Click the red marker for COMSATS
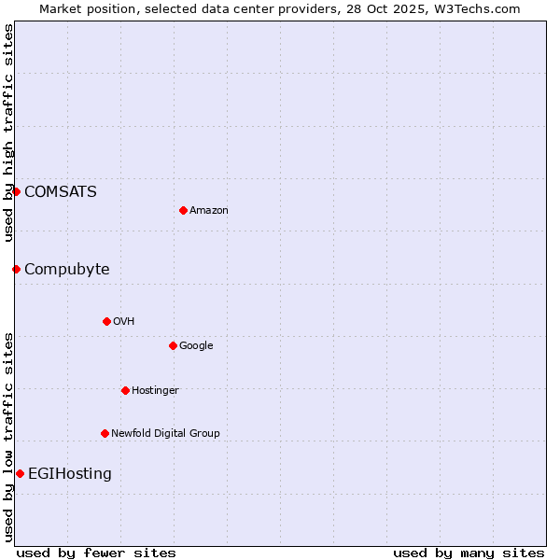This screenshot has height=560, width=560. (x=16, y=191)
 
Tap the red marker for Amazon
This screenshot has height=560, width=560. (x=183, y=210)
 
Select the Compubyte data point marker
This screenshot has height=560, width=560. (x=16, y=269)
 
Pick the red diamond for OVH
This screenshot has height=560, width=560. (x=106, y=321)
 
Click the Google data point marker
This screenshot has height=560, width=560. (x=173, y=345)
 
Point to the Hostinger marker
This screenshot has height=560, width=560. (x=125, y=390)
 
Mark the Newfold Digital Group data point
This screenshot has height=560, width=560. (x=105, y=433)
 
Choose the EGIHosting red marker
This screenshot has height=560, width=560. (x=20, y=473)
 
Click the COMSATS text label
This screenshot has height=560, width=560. (x=61, y=191)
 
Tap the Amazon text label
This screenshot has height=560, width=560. (x=209, y=210)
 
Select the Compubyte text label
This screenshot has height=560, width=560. (x=67, y=269)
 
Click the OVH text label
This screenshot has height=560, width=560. (x=124, y=321)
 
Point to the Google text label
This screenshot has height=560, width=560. (x=196, y=345)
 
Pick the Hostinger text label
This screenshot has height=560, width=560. (x=155, y=390)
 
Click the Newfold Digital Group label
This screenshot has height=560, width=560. (x=165, y=433)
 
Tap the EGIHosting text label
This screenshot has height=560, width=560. (x=70, y=473)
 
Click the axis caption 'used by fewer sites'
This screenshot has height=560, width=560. (x=96, y=553)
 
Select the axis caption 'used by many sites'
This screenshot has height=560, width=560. (x=469, y=553)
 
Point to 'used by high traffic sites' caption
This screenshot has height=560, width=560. (x=8, y=133)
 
